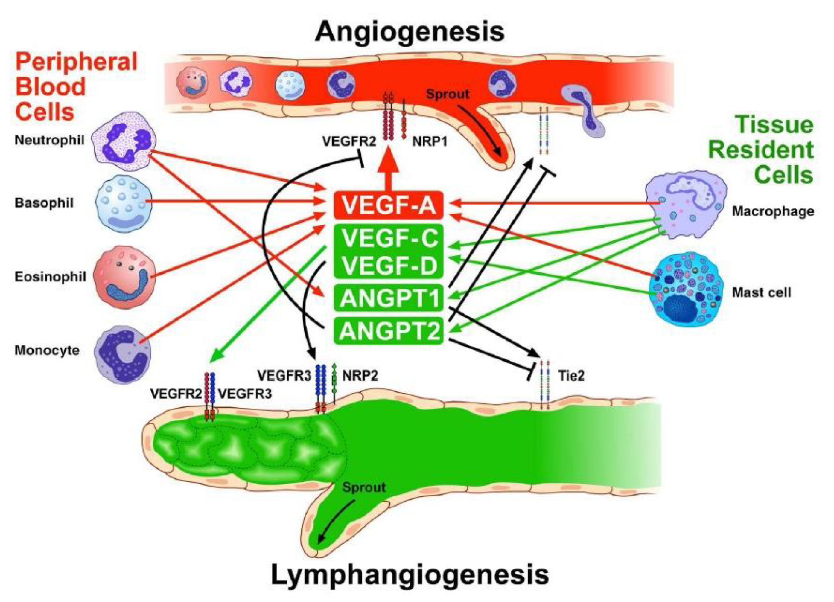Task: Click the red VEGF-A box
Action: (x=389, y=205)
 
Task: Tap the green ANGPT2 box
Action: (x=389, y=331)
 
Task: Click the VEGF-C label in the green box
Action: (x=390, y=238)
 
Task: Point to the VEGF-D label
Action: (x=390, y=266)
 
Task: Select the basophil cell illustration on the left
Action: (x=123, y=204)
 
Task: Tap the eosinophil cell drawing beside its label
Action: (x=124, y=277)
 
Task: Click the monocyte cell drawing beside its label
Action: (x=122, y=354)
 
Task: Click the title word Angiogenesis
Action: (x=409, y=32)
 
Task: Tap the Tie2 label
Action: (x=571, y=376)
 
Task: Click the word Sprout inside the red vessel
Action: (x=448, y=94)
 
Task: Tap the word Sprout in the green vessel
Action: (x=364, y=487)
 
